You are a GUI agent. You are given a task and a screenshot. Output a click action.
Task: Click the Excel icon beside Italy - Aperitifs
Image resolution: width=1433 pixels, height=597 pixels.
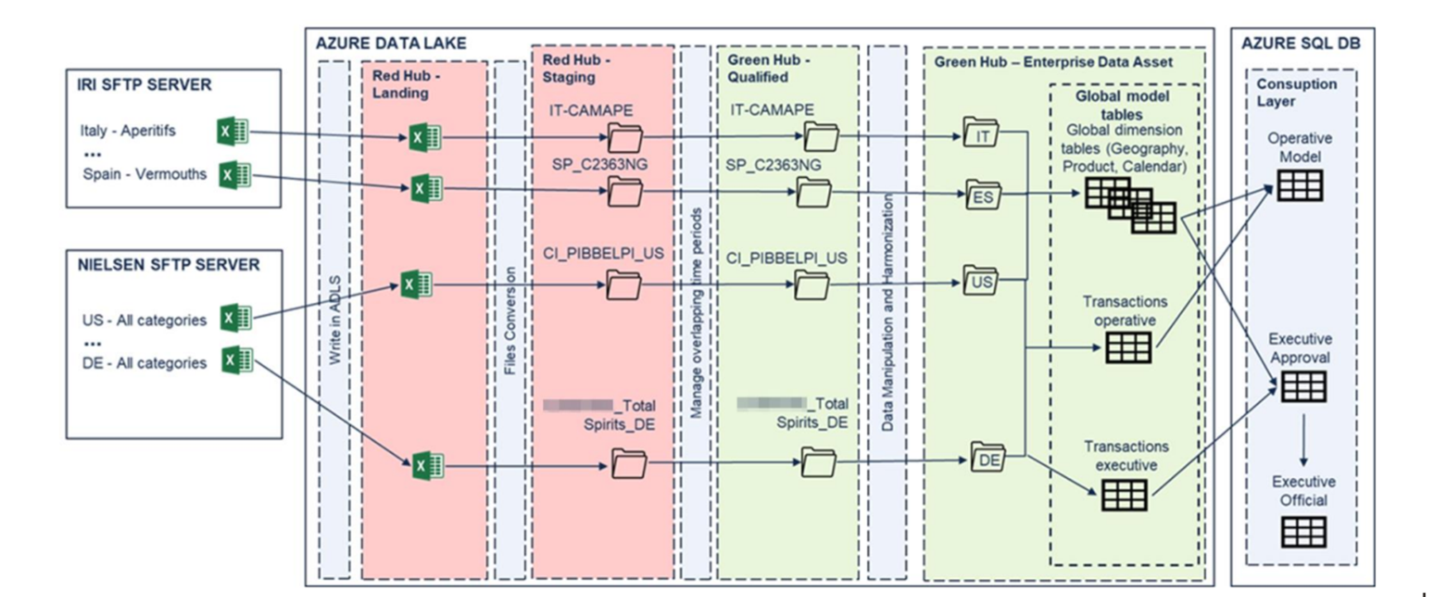click(x=233, y=132)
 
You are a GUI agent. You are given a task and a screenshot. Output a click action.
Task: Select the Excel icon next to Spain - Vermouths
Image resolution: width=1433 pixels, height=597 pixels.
click(x=235, y=175)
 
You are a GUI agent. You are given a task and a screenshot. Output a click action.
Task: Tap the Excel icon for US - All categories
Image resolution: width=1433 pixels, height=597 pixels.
click(x=236, y=319)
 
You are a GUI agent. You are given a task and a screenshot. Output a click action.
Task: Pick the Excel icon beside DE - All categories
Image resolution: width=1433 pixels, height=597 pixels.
click(x=237, y=360)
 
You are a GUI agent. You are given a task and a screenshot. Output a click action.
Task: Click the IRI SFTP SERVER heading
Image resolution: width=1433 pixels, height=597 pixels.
click(x=144, y=84)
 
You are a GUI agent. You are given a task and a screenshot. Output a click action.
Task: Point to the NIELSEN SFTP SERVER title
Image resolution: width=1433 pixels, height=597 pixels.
click(x=168, y=265)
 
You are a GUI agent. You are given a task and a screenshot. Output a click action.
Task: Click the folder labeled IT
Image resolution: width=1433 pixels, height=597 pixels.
click(x=981, y=134)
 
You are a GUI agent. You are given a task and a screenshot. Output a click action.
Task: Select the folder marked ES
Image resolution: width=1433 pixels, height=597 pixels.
click(x=983, y=195)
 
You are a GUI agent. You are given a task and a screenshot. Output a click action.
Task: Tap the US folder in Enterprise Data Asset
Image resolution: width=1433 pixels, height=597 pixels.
click(x=980, y=281)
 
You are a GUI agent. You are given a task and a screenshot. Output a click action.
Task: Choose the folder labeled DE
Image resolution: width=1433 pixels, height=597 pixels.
click(x=988, y=458)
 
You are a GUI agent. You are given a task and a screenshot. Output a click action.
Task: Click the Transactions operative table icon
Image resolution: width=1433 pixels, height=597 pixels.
click(x=1128, y=348)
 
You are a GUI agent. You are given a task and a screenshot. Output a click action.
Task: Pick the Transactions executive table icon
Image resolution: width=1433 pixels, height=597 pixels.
click(x=1123, y=495)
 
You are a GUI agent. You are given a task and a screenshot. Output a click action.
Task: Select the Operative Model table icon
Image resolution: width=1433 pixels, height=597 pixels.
click(x=1300, y=185)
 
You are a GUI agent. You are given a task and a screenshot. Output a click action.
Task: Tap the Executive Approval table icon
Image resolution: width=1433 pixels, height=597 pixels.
click(x=1303, y=387)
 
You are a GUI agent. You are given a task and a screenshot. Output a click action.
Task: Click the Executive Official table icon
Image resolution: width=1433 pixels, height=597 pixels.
click(x=1303, y=533)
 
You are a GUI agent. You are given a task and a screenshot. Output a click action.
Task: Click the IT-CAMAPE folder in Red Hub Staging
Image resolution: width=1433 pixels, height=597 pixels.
click(x=624, y=137)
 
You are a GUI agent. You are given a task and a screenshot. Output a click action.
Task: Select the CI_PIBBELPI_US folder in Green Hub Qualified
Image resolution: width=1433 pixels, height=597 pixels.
click(x=812, y=285)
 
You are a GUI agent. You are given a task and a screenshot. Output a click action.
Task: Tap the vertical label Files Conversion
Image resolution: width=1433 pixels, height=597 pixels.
click(x=510, y=321)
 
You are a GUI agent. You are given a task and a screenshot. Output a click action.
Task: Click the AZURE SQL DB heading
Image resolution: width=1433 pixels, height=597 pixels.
click(x=1300, y=43)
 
